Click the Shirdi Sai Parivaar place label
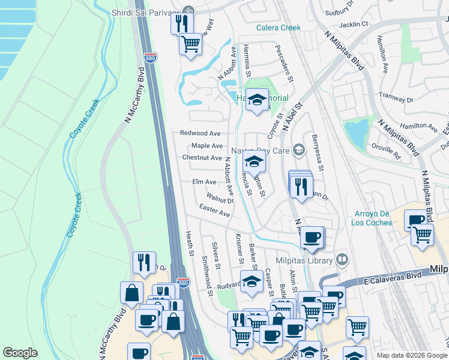tap(147, 11)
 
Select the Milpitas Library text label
tap(304, 260)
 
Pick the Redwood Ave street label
tap(201, 133)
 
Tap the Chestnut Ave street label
tap(202, 158)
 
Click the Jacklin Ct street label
tap(354, 24)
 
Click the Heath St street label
tap(189, 246)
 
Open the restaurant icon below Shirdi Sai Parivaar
tap(181, 23)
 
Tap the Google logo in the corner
tap(20, 352)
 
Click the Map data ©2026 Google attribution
tap(411, 355)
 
